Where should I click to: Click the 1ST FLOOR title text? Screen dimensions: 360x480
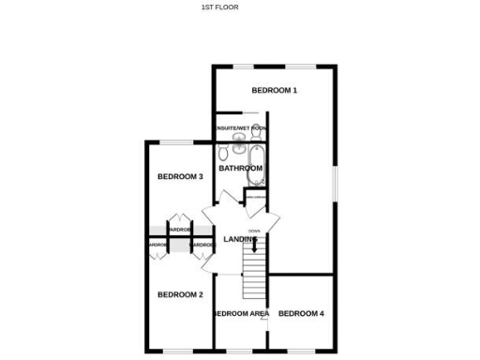pyautogui.click(x=220, y=7)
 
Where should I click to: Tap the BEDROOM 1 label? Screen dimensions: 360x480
pyautogui.click(x=275, y=91)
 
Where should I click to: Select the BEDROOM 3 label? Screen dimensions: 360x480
pyautogui.click(x=180, y=177)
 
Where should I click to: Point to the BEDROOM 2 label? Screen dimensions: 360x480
pyautogui.click(x=180, y=294)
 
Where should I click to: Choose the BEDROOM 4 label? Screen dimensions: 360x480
pyautogui.click(x=302, y=312)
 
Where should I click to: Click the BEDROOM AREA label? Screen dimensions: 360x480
pyautogui.click(x=242, y=312)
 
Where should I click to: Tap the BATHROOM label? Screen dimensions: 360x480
pyautogui.click(x=241, y=169)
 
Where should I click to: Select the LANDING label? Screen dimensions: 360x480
pyautogui.click(x=240, y=240)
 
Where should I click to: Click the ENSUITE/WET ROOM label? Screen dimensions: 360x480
pyautogui.click(x=241, y=127)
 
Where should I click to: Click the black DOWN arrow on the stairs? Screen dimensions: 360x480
pyautogui.click(x=254, y=246)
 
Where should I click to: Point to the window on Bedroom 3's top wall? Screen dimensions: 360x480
pyautogui.click(x=174, y=142)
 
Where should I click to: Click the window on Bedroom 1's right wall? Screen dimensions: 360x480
pyautogui.click(x=336, y=183)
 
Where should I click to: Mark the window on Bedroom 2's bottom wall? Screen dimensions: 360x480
pyautogui.click(x=178, y=352)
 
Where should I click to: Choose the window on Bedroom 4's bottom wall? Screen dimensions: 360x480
pyautogui.click(x=302, y=352)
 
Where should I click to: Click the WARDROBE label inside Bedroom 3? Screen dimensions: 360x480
pyautogui.click(x=179, y=229)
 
